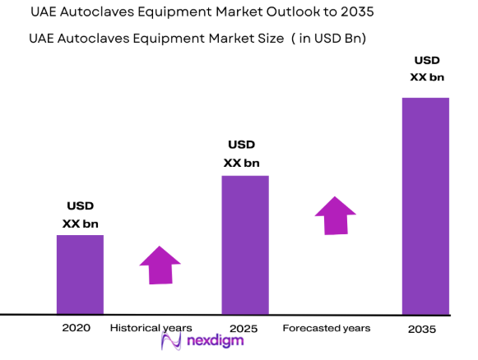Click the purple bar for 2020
[x=80, y=275]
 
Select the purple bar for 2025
[x=245, y=245]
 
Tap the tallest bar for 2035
[x=425, y=205]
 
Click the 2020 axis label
[x=76, y=328]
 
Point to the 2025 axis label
[x=244, y=329]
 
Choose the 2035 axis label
[x=422, y=329]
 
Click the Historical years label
[x=151, y=328]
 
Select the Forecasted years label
[x=326, y=328]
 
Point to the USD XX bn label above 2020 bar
[x=80, y=215]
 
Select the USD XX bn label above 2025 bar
[x=244, y=154]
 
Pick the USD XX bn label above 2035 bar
[x=426, y=69]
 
